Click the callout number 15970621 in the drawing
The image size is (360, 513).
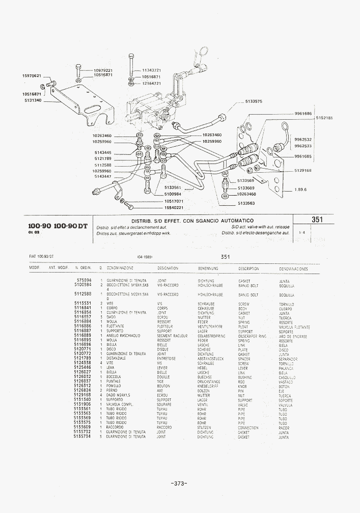click(32, 76)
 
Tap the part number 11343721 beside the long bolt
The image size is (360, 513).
click(151, 70)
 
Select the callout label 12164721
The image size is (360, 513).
click(151, 83)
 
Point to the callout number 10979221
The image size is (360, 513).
click(103, 70)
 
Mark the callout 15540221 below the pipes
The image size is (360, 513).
click(173, 208)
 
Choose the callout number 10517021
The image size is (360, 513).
click(173, 201)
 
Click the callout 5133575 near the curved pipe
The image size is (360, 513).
click(254, 101)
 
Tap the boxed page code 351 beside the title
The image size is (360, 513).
click(318, 220)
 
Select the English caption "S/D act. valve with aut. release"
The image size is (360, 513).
click(260, 226)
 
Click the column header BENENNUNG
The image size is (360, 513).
click(208, 268)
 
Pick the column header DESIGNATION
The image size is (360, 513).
click(168, 268)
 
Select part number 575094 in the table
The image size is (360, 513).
click(84, 281)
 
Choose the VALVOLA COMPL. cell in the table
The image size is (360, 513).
click(118, 404)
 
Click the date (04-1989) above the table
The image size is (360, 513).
click(145, 257)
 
